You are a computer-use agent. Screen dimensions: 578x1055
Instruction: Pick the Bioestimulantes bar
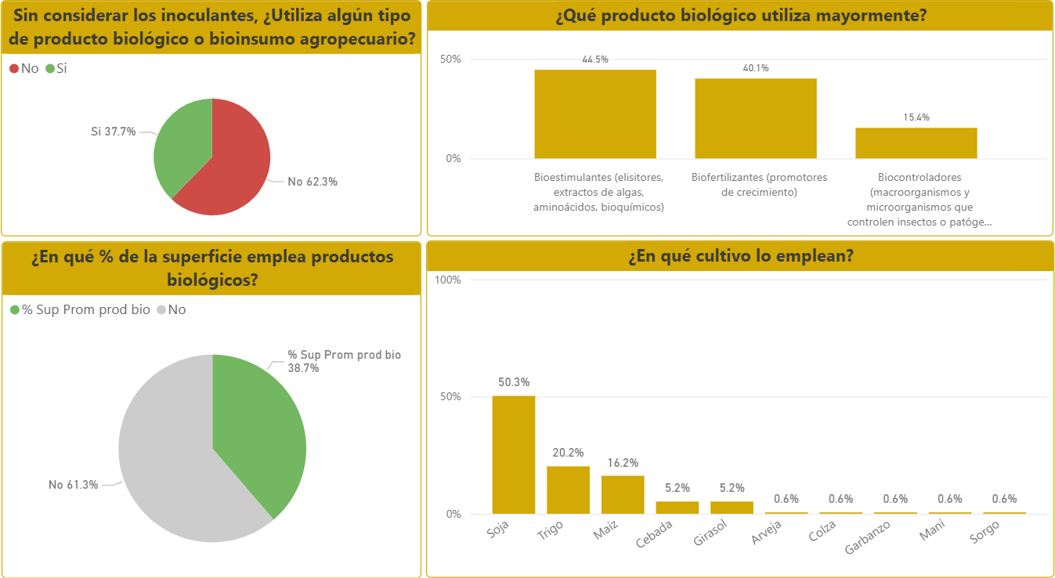click(595, 114)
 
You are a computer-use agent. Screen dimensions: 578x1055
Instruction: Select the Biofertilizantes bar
click(756, 118)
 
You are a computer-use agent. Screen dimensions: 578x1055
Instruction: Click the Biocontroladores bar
click(916, 143)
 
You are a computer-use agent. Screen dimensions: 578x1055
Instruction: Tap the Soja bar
click(513, 454)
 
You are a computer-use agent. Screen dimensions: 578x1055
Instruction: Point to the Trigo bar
click(568, 489)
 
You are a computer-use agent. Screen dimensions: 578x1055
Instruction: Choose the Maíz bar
click(623, 494)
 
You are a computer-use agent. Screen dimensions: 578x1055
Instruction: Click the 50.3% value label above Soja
click(514, 382)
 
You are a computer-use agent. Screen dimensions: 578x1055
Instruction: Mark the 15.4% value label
click(916, 117)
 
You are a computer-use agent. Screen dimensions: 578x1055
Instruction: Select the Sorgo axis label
click(985, 533)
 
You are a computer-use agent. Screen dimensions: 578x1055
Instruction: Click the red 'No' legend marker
click(14, 69)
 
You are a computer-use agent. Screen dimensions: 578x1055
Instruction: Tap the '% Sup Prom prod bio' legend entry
click(79, 309)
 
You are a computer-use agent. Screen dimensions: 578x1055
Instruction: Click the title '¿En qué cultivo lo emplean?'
click(740, 256)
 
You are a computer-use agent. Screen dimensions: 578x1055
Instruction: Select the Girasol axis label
click(711, 534)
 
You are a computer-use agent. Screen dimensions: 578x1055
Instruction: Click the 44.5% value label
click(595, 60)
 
